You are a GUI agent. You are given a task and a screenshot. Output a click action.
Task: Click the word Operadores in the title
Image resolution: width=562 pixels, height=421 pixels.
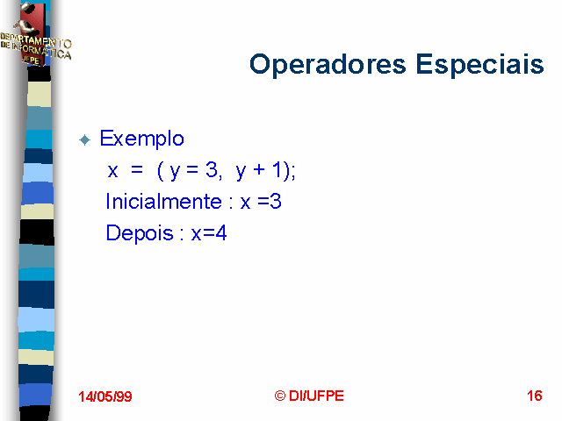click(x=328, y=65)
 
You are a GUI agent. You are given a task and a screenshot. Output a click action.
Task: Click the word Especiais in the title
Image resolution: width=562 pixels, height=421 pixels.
click(x=480, y=65)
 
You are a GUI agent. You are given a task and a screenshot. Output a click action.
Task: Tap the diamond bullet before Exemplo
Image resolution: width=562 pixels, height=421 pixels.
click(x=85, y=139)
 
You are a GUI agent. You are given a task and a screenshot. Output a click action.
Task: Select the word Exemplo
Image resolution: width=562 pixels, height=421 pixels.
click(x=142, y=139)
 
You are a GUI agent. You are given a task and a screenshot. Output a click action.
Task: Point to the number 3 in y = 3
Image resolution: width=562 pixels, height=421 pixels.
click(x=212, y=169)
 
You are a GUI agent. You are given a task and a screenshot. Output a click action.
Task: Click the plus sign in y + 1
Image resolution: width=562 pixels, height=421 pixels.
click(x=259, y=169)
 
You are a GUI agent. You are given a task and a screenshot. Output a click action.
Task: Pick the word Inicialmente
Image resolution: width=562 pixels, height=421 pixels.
click(x=163, y=202)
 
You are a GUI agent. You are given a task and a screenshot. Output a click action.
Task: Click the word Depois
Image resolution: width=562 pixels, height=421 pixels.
click(x=140, y=233)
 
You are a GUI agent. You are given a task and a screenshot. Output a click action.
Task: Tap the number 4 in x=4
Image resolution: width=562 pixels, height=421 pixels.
click(x=220, y=233)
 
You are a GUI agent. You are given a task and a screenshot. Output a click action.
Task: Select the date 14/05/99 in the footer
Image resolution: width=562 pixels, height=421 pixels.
click(x=105, y=396)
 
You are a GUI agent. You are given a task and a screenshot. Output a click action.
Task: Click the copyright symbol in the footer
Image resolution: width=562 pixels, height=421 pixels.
click(x=279, y=396)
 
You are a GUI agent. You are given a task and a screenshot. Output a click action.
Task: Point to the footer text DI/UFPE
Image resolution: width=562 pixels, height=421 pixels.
click(x=316, y=396)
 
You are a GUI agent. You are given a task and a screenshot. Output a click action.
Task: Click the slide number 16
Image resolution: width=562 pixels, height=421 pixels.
click(x=535, y=396)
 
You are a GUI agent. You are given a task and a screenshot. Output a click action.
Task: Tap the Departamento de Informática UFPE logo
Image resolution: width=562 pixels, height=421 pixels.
click(x=35, y=35)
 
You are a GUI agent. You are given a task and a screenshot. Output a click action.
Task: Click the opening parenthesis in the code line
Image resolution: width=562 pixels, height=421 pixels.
click(x=161, y=171)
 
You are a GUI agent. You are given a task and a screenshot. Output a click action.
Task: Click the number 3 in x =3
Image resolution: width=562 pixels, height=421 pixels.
click(x=275, y=202)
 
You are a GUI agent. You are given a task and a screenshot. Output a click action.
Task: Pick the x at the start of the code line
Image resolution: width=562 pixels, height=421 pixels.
click(x=112, y=172)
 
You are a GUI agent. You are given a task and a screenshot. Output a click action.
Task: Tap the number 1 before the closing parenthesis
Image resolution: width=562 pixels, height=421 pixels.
click(x=277, y=169)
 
